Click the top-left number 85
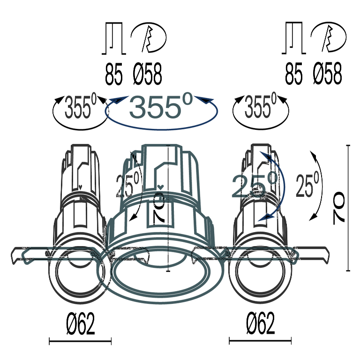[x=113, y=75]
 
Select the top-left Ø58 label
[x=147, y=75]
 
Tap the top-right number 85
[x=294, y=75]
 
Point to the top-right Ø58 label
[x=328, y=75]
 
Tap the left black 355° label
[x=80, y=107]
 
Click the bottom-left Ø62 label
[x=80, y=324]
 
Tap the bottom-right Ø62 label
[x=260, y=324]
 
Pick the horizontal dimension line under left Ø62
[x=80, y=341]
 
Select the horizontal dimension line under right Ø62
[x=260, y=341]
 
